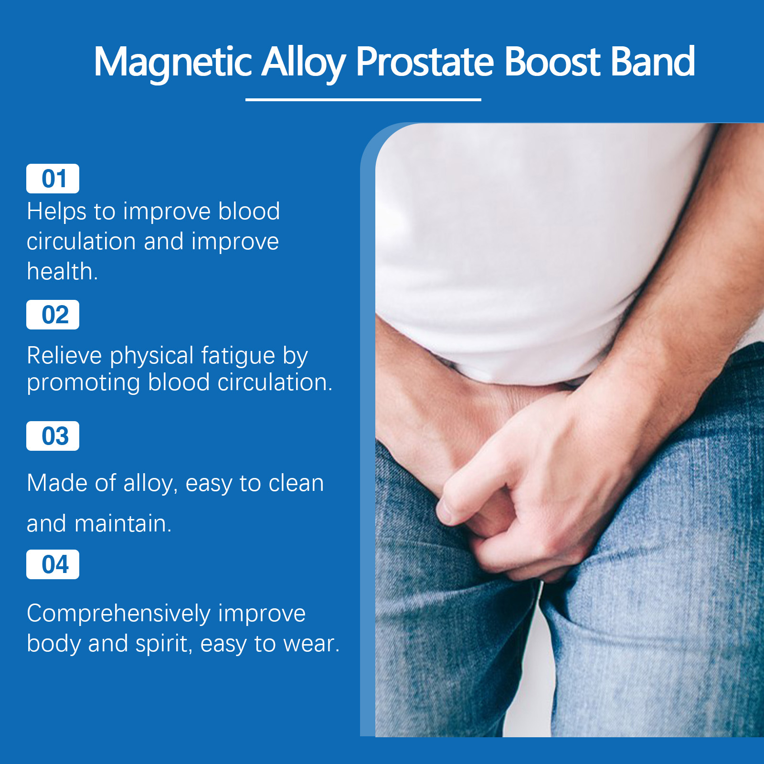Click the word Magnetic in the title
pyautogui.click(x=172, y=63)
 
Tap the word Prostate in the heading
pyautogui.click(x=425, y=62)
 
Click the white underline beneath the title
pyautogui.click(x=363, y=99)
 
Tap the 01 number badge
pyautogui.click(x=53, y=179)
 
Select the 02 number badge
pyautogui.click(x=53, y=315)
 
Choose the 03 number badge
pyautogui.click(x=53, y=436)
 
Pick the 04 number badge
pyautogui.click(x=53, y=564)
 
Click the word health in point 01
pyautogui.click(x=60, y=271)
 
